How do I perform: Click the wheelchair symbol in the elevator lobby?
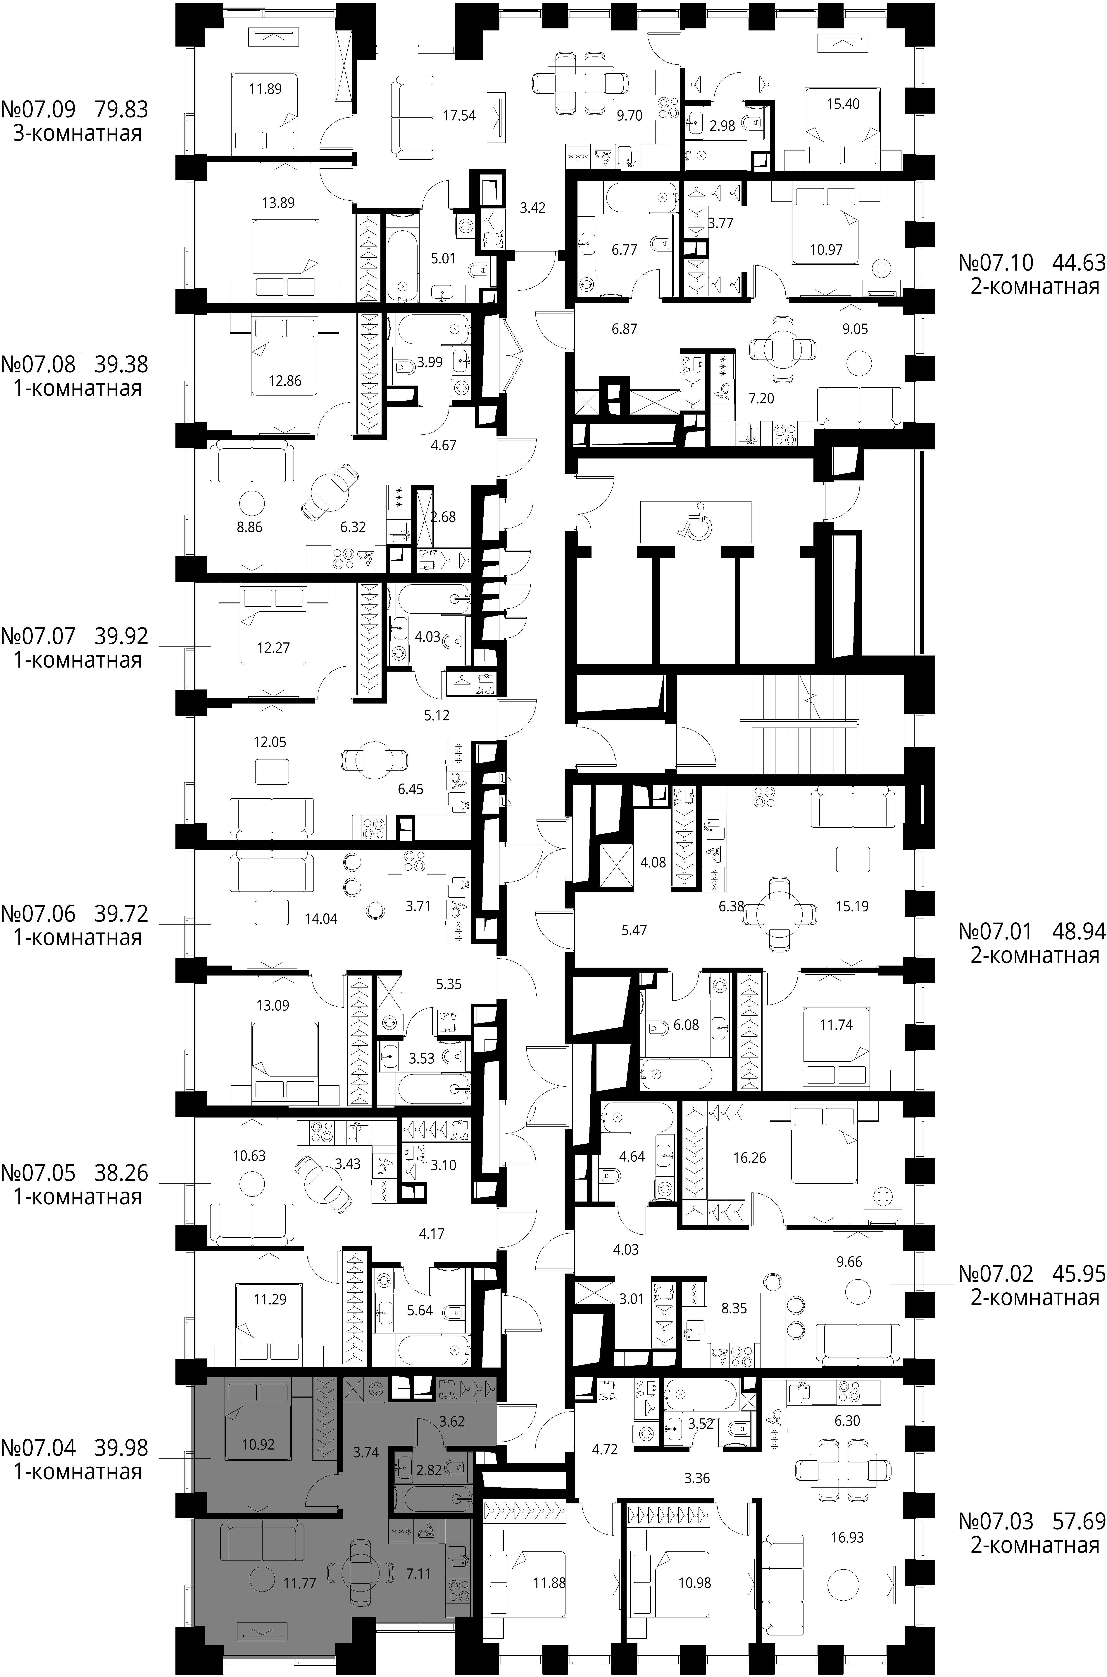[x=695, y=521]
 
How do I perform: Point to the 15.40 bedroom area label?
[x=843, y=104]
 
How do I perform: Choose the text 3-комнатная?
[x=78, y=134]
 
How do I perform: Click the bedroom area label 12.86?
[x=284, y=381]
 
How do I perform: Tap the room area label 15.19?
[x=851, y=906]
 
